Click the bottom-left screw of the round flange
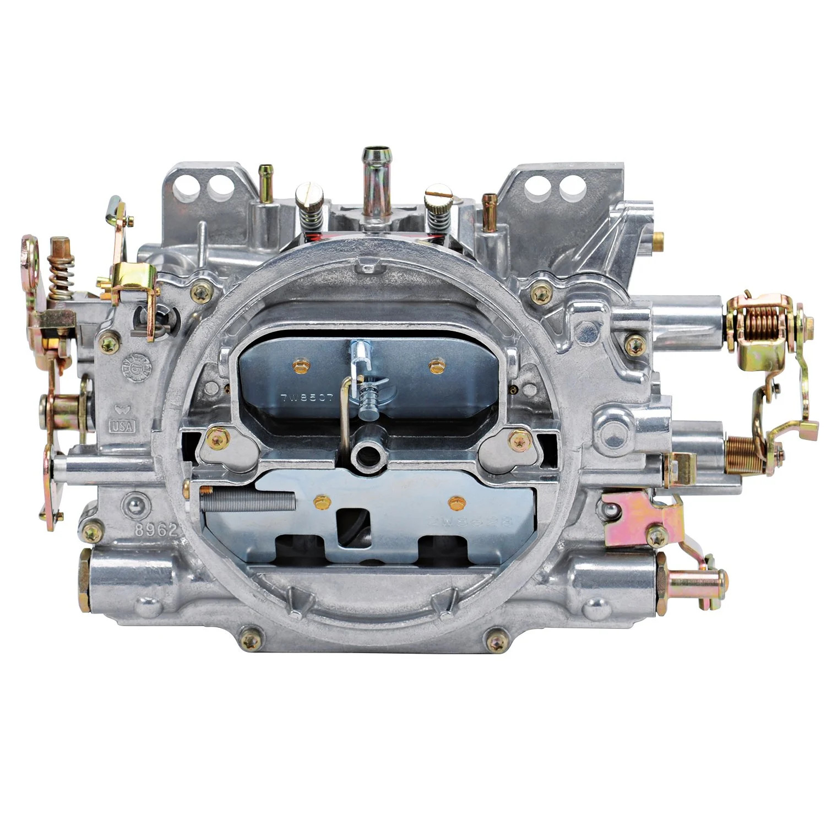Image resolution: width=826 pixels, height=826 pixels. pos(251,640)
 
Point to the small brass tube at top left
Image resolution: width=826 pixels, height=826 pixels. pos(267,180)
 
